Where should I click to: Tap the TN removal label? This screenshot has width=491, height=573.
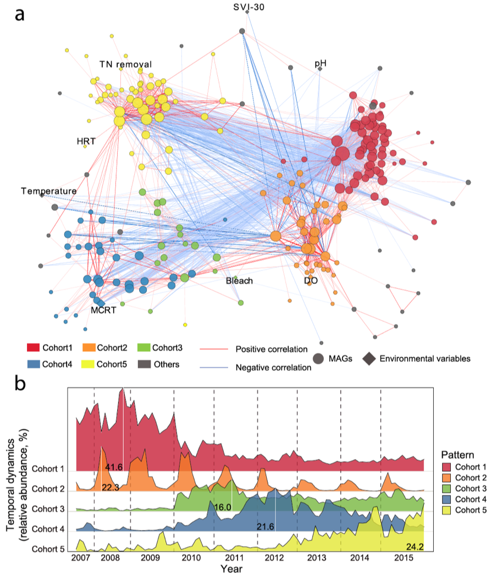(125, 64)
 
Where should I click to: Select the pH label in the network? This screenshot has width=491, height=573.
(321, 63)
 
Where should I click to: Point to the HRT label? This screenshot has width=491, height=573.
(86, 141)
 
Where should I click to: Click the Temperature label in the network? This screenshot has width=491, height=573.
(48, 191)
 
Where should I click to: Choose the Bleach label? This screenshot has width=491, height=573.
(239, 281)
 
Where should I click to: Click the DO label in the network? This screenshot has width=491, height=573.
(311, 281)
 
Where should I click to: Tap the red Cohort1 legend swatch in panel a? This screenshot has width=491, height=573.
(36, 348)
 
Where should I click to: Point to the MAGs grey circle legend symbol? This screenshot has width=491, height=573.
(317, 358)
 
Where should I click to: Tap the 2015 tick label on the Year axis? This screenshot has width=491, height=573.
(404, 554)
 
